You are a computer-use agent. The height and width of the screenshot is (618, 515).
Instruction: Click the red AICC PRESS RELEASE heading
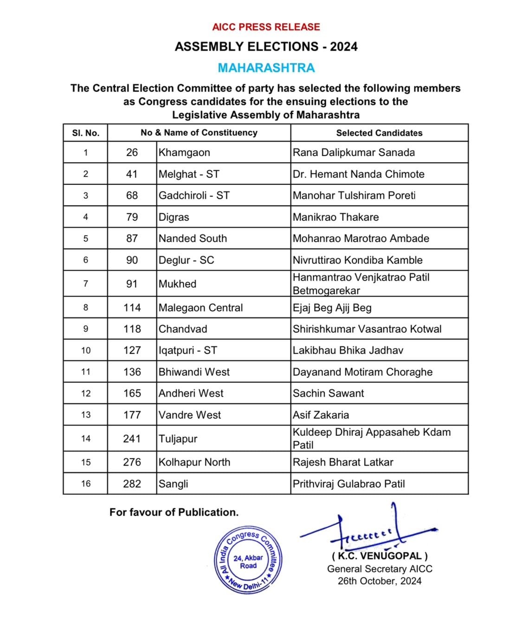[x=266, y=27]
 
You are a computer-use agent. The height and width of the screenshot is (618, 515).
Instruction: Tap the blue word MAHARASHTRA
[x=266, y=68]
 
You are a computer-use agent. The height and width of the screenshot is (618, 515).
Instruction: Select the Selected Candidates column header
[x=379, y=133]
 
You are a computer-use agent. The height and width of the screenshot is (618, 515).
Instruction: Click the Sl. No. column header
[x=85, y=133]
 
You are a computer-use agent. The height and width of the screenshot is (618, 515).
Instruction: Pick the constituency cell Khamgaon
[x=184, y=152]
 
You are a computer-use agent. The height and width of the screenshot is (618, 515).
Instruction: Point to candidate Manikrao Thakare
[x=335, y=217]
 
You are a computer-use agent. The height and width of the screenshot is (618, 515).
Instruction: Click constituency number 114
[x=132, y=308]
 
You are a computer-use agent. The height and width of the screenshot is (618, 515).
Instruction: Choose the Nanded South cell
[x=193, y=238]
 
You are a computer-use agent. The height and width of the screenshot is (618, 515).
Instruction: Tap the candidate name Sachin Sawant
[x=328, y=393]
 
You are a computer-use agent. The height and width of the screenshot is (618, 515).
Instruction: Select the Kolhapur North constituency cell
[x=194, y=462]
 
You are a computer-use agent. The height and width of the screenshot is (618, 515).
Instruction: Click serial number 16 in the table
[x=86, y=484]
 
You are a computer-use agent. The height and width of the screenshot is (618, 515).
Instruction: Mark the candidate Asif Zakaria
[x=321, y=415]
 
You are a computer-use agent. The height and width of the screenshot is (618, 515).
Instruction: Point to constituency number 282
[x=132, y=484]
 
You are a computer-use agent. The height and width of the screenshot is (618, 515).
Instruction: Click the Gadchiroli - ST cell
[x=194, y=196]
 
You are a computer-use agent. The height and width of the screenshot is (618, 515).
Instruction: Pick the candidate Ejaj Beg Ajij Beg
[x=332, y=308]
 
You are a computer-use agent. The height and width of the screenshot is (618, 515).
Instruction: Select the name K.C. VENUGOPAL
[x=379, y=556]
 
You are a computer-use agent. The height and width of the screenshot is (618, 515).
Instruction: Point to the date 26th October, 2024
[x=379, y=581]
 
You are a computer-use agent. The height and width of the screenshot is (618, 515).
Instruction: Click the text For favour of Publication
[x=174, y=513]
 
